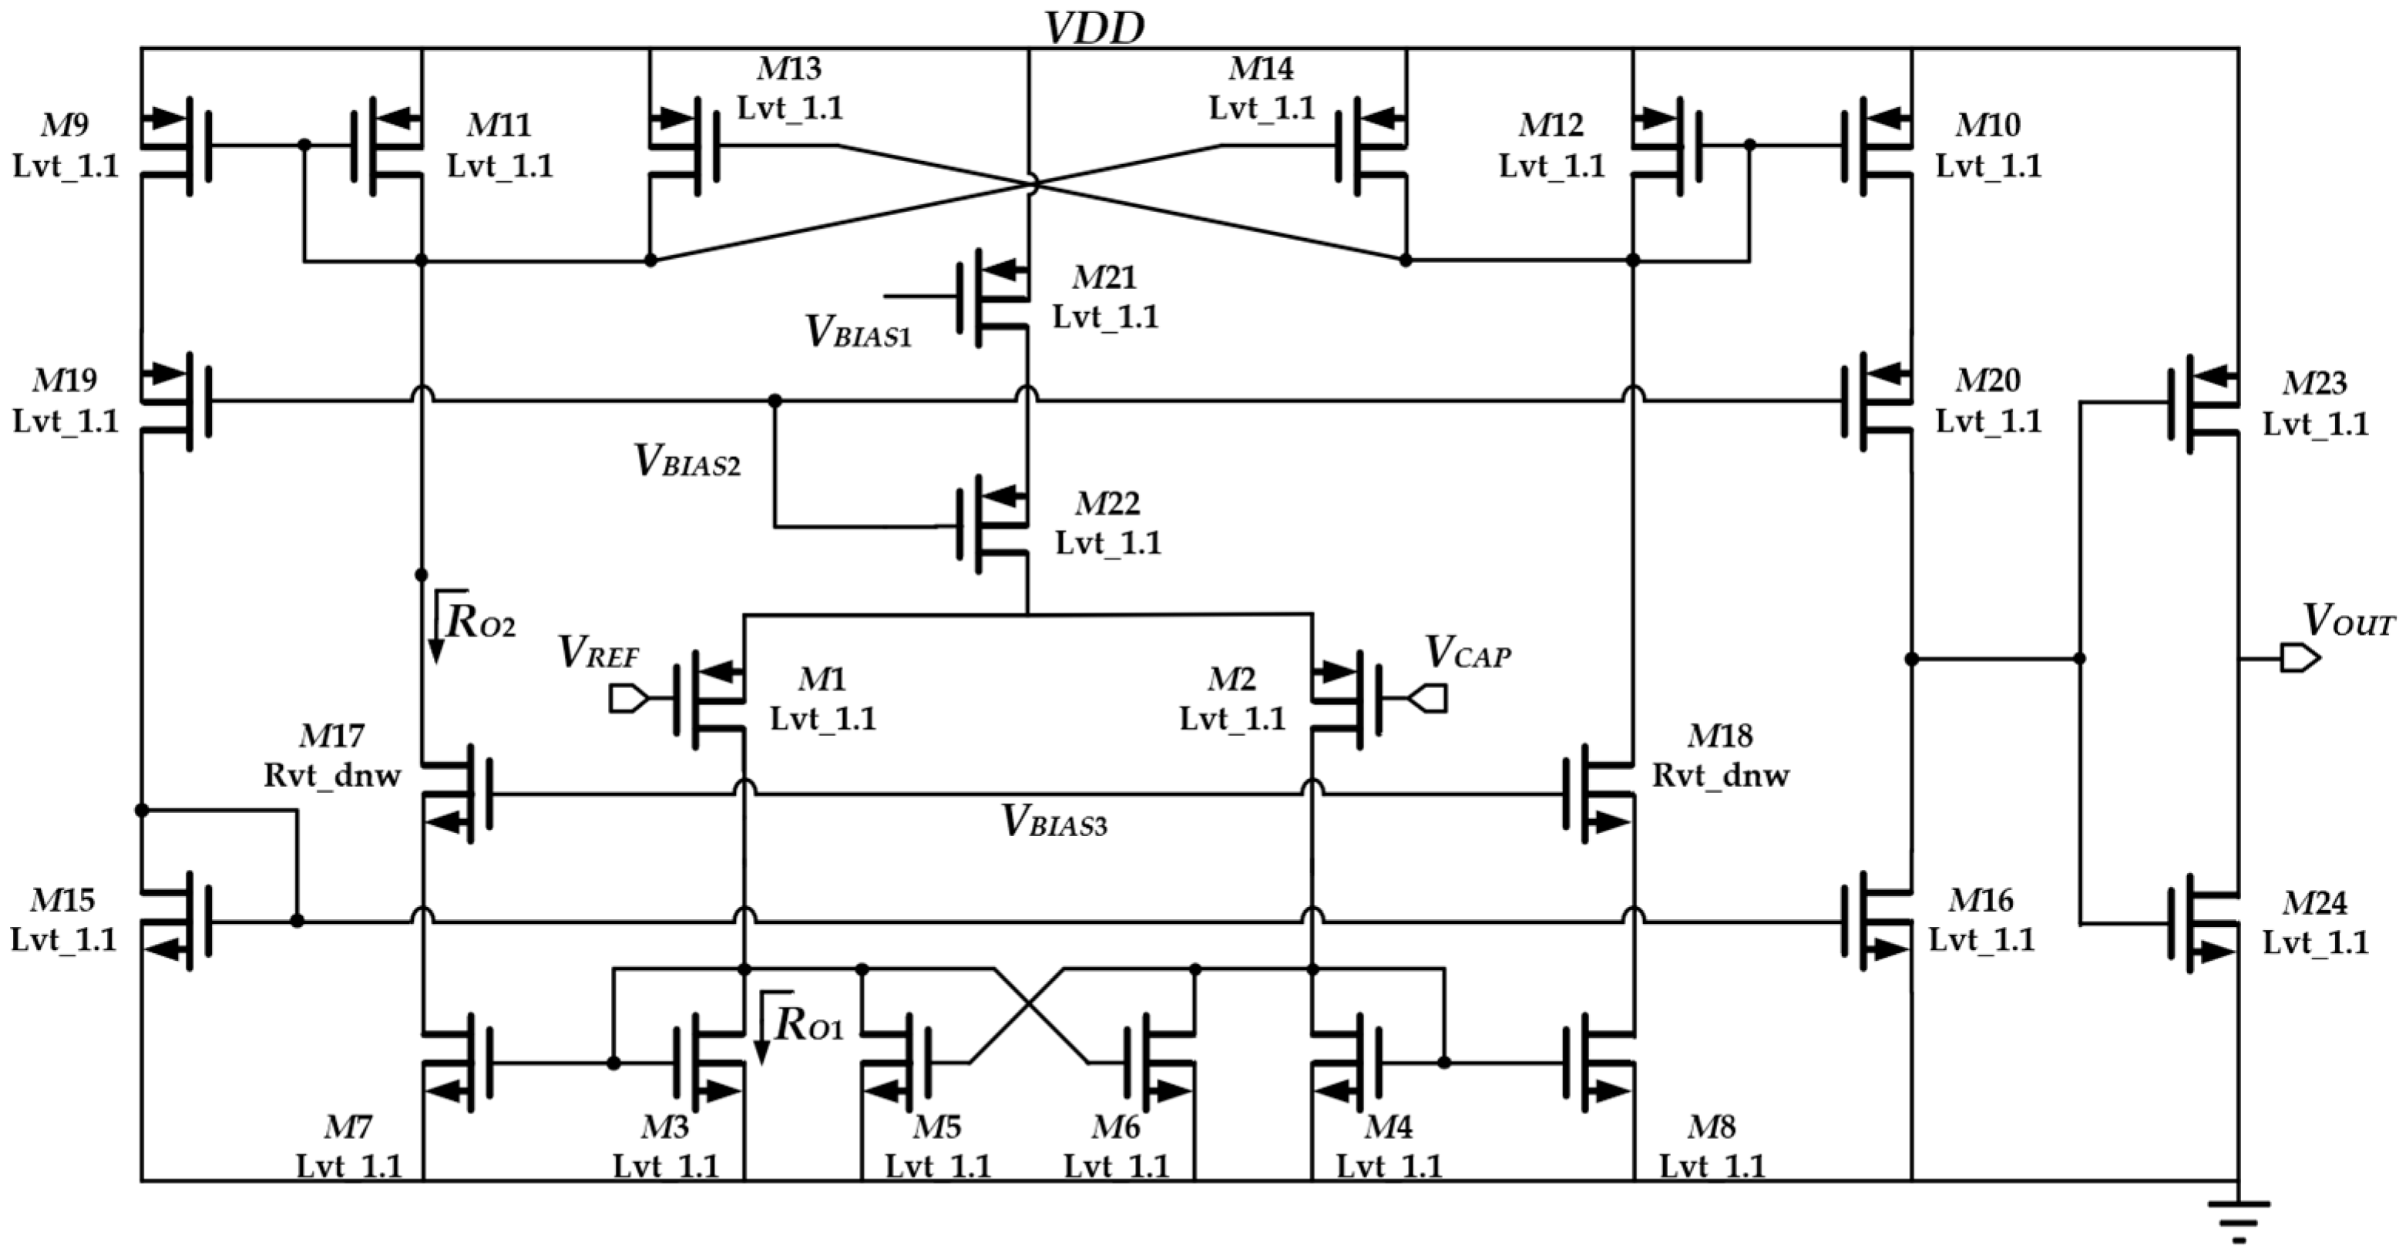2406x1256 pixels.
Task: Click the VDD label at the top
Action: pos(1094,28)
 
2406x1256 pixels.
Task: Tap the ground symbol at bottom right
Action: pos(2238,1220)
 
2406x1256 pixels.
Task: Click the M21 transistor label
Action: pos(1104,277)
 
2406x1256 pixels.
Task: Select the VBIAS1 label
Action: pos(858,332)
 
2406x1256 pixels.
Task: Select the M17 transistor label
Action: pos(331,736)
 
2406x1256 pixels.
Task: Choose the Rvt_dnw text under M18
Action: pos(1720,776)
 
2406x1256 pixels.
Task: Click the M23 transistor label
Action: pos(2314,383)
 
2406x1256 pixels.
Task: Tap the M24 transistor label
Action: pos(2314,903)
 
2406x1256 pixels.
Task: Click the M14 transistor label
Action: pos(1261,68)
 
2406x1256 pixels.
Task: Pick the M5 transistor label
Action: pos(937,1127)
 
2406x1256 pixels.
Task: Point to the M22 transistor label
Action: pos(1107,503)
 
